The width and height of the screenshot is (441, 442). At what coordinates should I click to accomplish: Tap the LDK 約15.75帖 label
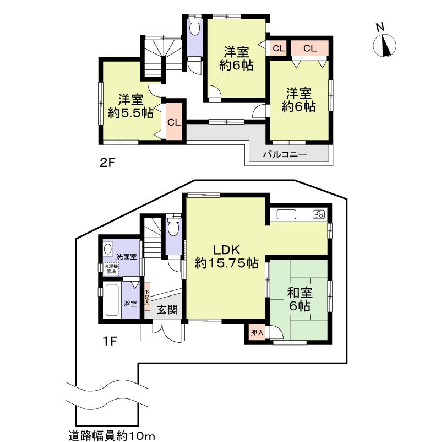pos(226,256)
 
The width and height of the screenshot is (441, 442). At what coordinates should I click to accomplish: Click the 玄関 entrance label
pos(167,310)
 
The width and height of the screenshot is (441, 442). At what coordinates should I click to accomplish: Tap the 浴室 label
pos(130,303)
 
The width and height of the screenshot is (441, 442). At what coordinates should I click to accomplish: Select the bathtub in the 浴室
pos(112,301)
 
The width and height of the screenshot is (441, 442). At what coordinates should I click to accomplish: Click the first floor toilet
pos(173,226)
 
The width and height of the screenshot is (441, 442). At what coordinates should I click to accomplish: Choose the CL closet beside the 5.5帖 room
pos(173,122)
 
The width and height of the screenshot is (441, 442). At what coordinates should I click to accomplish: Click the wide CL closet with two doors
pos(309,48)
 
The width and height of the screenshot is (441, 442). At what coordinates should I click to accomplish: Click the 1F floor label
pos(110,341)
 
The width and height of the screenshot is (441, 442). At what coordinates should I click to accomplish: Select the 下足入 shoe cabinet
pos(147,298)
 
